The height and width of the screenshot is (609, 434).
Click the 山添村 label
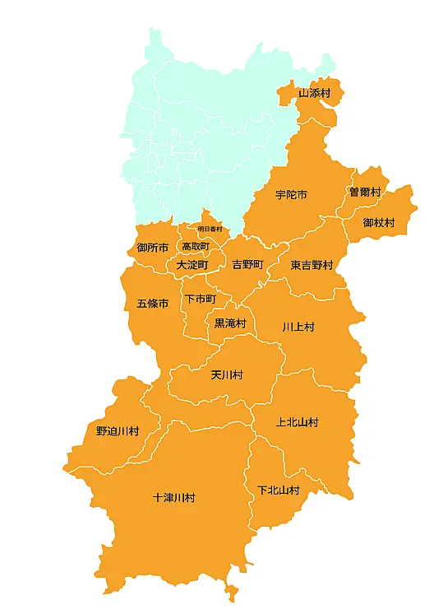[x=314, y=93]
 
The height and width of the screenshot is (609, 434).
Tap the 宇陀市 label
[x=291, y=195]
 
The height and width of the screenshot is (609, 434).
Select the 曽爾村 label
[x=365, y=192]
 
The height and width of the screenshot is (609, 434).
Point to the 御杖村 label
[x=379, y=223]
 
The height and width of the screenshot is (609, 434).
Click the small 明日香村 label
[x=210, y=229]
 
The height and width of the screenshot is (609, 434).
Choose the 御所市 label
[x=153, y=248]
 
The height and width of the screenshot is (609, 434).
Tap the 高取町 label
[x=196, y=246]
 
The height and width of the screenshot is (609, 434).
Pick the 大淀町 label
[x=192, y=265]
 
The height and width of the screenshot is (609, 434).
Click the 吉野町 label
[x=247, y=265]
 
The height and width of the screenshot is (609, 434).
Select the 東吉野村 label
[x=312, y=265]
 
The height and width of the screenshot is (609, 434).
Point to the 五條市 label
[x=152, y=304]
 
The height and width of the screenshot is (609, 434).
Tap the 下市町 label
[x=201, y=299]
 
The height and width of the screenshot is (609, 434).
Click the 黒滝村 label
[x=230, y=323]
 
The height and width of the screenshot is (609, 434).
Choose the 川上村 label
[x=298, y=327]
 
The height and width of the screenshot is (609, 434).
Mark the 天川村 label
[x=227, y=374]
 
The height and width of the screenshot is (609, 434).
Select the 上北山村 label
[x=297, y=422]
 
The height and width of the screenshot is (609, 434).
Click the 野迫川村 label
[x=118, y=430]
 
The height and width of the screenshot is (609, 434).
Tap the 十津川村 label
[x=174, y=498]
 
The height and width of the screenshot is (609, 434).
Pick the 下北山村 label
[x=278, y=490]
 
